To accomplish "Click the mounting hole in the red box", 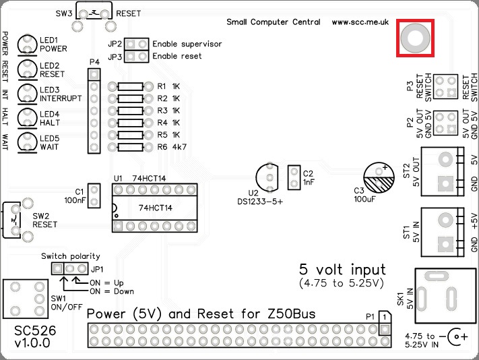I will [x=414, y=38].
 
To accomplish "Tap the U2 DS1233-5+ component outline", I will [x=269, y=178].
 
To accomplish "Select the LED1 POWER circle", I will [x=27, y=44].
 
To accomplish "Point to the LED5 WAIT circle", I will [x=27, y=142].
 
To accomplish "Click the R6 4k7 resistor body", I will [x=130, y=146].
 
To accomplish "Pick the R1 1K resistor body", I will [x=130, y=86].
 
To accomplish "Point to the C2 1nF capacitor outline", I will [x=294, y=178].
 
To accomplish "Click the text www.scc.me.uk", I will [x=360, y=22].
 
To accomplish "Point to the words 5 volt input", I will [x=343, y=268].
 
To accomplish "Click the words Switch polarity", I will [x=70, y=256].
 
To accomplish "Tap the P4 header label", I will [x=94, y=62].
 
